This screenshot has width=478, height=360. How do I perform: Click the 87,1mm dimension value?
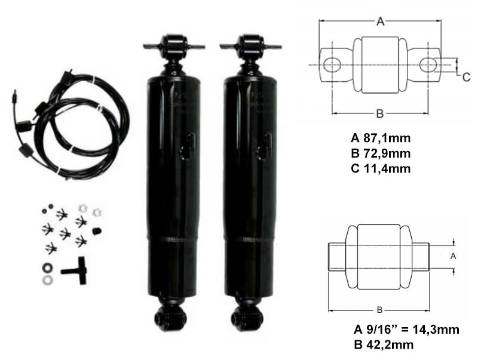(387, 139)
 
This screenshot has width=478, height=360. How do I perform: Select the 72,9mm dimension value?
(387, 153)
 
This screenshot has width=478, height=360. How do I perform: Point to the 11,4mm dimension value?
(387, 168)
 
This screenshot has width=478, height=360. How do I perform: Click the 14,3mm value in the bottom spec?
(436, 330)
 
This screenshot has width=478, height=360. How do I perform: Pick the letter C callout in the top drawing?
(467, 78)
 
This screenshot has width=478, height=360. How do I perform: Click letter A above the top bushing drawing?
(380, 21)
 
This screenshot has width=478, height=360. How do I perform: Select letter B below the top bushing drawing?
(379, 113)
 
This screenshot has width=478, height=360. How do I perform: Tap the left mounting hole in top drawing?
(332, 65)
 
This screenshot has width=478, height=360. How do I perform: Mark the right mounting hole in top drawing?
(428, 65)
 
